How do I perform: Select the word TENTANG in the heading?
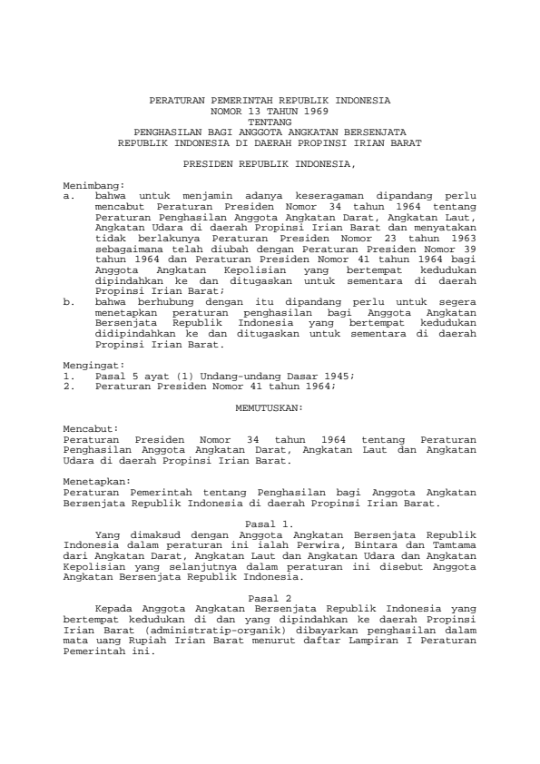pos(270,121)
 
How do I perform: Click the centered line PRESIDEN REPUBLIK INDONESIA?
pos(270,164)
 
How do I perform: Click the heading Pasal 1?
pos(270,524)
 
